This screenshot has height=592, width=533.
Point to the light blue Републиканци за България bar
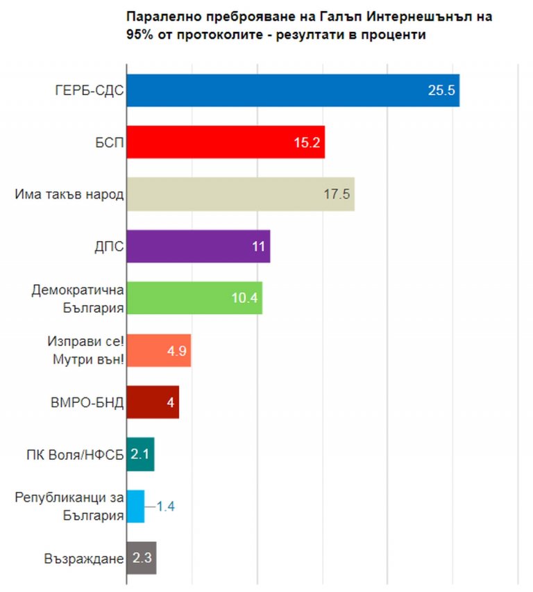[x=135, y=506]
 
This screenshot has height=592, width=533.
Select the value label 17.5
[x=337, y=194]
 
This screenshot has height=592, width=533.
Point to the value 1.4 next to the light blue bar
[x=165, y=506]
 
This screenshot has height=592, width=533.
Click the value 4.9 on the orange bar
[x=177, y=350]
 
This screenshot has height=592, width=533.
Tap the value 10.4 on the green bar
[x=245, y=298]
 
